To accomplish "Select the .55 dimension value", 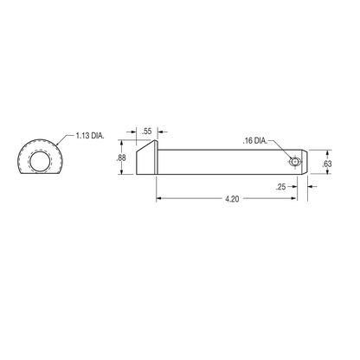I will (145, 130).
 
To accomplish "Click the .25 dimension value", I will (281, 185).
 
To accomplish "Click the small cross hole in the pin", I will (296, 162).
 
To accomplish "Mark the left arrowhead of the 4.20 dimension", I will (158, 198).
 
